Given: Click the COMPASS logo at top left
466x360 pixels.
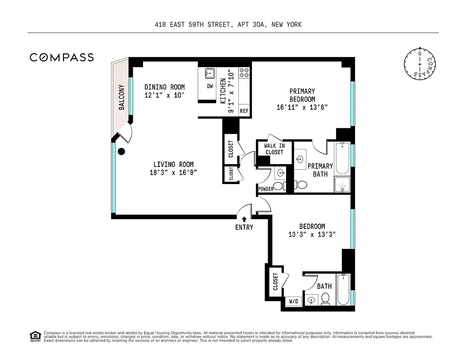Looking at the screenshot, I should click(x=62, y=57).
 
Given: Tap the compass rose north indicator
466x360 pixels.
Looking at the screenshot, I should click(x=420, y=53).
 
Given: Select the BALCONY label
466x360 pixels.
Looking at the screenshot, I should click(x=121, y=97).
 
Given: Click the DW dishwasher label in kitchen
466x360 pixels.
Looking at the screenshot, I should click(x=210, y=86).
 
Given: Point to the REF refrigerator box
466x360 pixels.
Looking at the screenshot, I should click(x=244, y=111).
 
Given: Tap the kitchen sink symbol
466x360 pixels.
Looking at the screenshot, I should click(x=210, y=73).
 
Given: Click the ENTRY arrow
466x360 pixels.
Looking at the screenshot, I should click(x=244, y=220).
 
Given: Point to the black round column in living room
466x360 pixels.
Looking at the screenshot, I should click(x=121, y=152).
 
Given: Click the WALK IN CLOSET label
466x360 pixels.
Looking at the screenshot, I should click(x=274, y=149).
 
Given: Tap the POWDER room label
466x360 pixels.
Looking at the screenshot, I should click(x=266, y=189).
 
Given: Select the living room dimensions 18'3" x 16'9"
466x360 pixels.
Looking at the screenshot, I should click(x=173, y=172).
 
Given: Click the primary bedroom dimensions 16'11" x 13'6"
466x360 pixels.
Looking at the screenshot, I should click(x=302, y=107).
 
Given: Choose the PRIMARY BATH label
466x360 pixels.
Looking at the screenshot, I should click(x=320, y=170).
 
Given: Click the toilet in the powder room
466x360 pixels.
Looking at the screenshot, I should click(x=278, y=185).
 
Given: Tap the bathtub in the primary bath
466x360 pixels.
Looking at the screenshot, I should click(x=342, y=158).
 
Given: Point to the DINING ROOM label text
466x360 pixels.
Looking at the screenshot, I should click(x=164, y=87).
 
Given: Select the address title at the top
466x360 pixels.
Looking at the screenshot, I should click(x=228, y=24).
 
